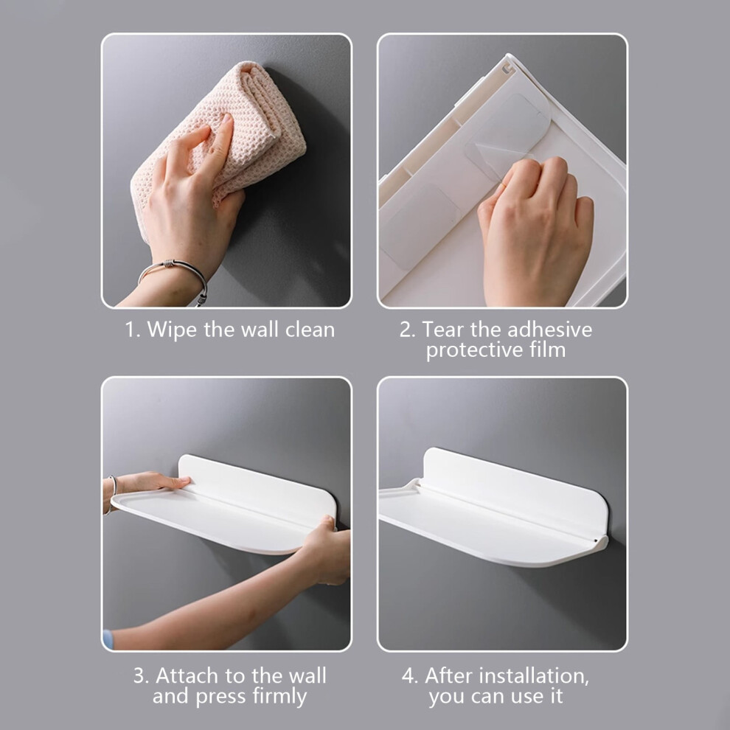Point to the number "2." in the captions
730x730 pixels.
point(407,330)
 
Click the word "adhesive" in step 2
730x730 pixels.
point(549,330)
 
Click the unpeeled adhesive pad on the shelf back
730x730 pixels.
point(419,226)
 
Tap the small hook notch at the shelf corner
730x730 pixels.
point(507,68)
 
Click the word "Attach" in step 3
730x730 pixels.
point(187,675)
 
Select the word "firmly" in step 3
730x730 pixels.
point(279,697)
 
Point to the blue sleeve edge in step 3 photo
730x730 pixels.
point(108,639)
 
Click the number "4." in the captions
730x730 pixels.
point(410,675)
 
